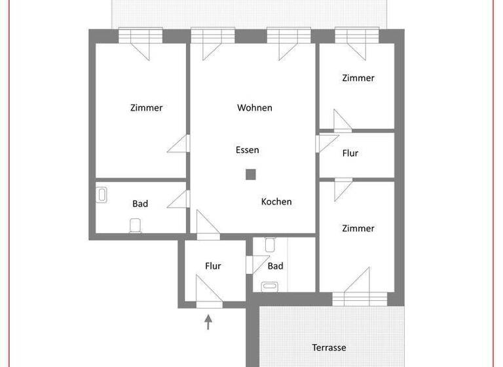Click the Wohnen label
click(x=255, y=107)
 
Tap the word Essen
click(x=248, y=150)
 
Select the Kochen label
click(x=276, y=202)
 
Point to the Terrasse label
click(x=328, y=347)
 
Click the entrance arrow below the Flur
click(x=209, y=321)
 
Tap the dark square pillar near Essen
click(x=250, y=174)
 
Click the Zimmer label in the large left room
click(x=146, y=108)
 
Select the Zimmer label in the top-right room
click(x=358, y=78)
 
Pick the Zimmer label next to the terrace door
click(x=358, y=229)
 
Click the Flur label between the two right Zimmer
click(x=350, y=153)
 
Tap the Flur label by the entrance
click(x=213, y=266)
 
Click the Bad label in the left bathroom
click(x=140, y=204)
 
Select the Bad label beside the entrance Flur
click(x=276, y=266)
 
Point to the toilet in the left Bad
click(x=136, y=225)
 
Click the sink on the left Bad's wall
click(x=102, y=195)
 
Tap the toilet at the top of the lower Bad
click(x=270, y=245)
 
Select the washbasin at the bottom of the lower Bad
click(x=270, y=286)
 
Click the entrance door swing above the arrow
click(x=208, y=290)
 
